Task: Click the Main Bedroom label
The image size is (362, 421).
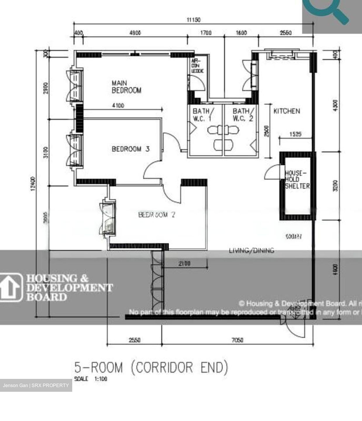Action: tap(126, 87)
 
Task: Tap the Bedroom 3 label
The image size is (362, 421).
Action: tap(130, 149)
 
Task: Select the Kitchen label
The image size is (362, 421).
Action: tap(287, 111)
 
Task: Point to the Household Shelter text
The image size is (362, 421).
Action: tap(297, 180)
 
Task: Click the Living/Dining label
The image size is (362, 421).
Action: tap(251, 250)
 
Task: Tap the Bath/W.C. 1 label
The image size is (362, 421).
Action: tap(203, 115)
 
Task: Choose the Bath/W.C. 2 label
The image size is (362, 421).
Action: tap(243, 115)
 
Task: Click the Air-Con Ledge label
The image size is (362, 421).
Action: tap(197, 66)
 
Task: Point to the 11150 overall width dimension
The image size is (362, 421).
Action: tap(194, 20)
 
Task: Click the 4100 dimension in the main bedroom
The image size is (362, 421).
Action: tap(118, 106)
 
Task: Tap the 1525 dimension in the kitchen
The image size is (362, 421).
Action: tap(295, 134)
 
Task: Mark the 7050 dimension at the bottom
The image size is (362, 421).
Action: tap(237, 340)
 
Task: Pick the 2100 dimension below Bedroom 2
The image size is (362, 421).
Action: tap(184, 263)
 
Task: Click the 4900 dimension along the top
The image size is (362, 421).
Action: tap(135, 33)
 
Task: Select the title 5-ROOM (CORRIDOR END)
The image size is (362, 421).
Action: tap(151, 367)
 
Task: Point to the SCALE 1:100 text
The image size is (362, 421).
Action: tap(91, 379)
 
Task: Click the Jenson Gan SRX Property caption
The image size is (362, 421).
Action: tap(36, 385)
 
